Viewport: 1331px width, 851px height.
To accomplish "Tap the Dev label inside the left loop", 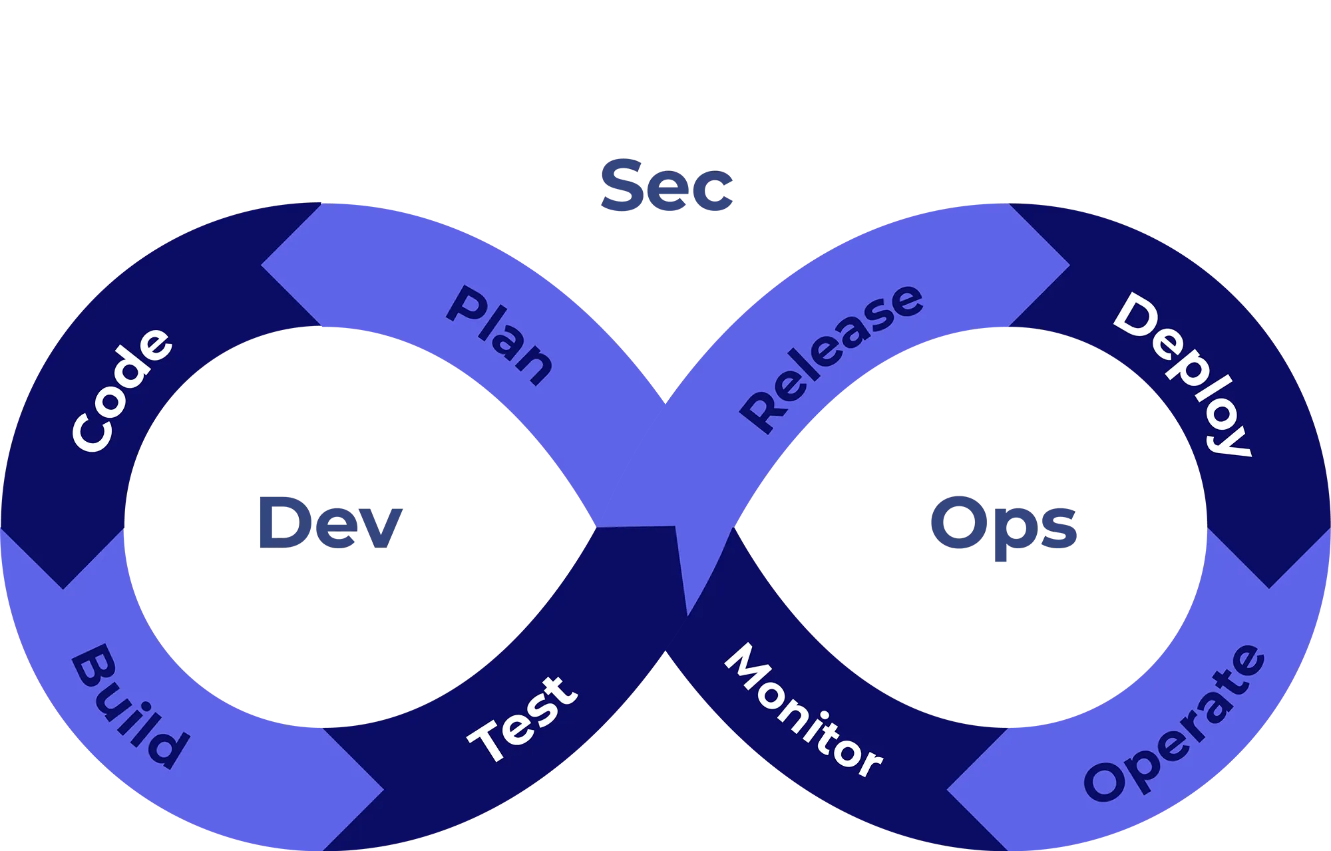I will (329, 523).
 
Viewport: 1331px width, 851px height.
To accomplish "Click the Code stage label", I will (122, 390).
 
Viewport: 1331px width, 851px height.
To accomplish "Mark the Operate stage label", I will (1175, 723).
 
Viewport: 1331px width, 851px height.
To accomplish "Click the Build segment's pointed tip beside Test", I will (382, 791).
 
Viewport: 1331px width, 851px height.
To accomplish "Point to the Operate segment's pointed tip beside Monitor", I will (949, 791).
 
